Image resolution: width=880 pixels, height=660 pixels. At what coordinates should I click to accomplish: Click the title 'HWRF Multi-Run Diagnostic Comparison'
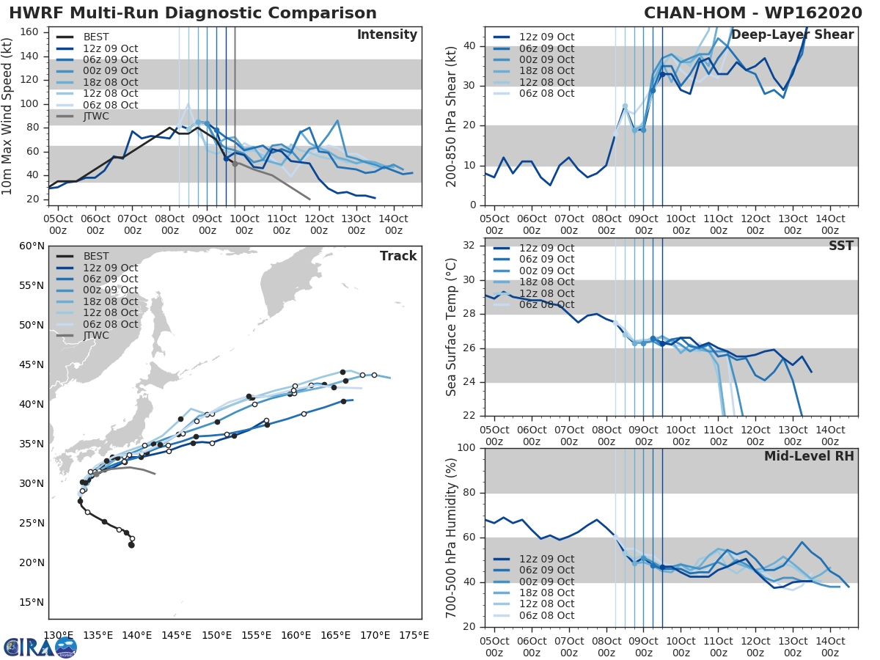point(193,13)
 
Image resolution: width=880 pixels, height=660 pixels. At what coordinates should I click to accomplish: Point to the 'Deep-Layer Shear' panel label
point(792,35)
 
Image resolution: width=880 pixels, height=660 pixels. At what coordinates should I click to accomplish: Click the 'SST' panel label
point(840,246)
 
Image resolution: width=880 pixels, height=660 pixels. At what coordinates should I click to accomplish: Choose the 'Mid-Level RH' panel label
point(809,456)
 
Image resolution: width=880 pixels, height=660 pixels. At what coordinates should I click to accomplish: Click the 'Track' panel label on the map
point(398,256)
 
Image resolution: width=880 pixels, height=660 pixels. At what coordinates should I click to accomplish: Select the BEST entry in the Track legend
point(95,257)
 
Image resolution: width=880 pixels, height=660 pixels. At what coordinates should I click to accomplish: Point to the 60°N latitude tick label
point(32,246)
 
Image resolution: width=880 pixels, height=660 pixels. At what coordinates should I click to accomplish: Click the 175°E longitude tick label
point(414,635)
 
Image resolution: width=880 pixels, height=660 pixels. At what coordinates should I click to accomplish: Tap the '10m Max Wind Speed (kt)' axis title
point(9,116)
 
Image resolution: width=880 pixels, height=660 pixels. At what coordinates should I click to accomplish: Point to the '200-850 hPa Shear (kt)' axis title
point(452,116)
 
